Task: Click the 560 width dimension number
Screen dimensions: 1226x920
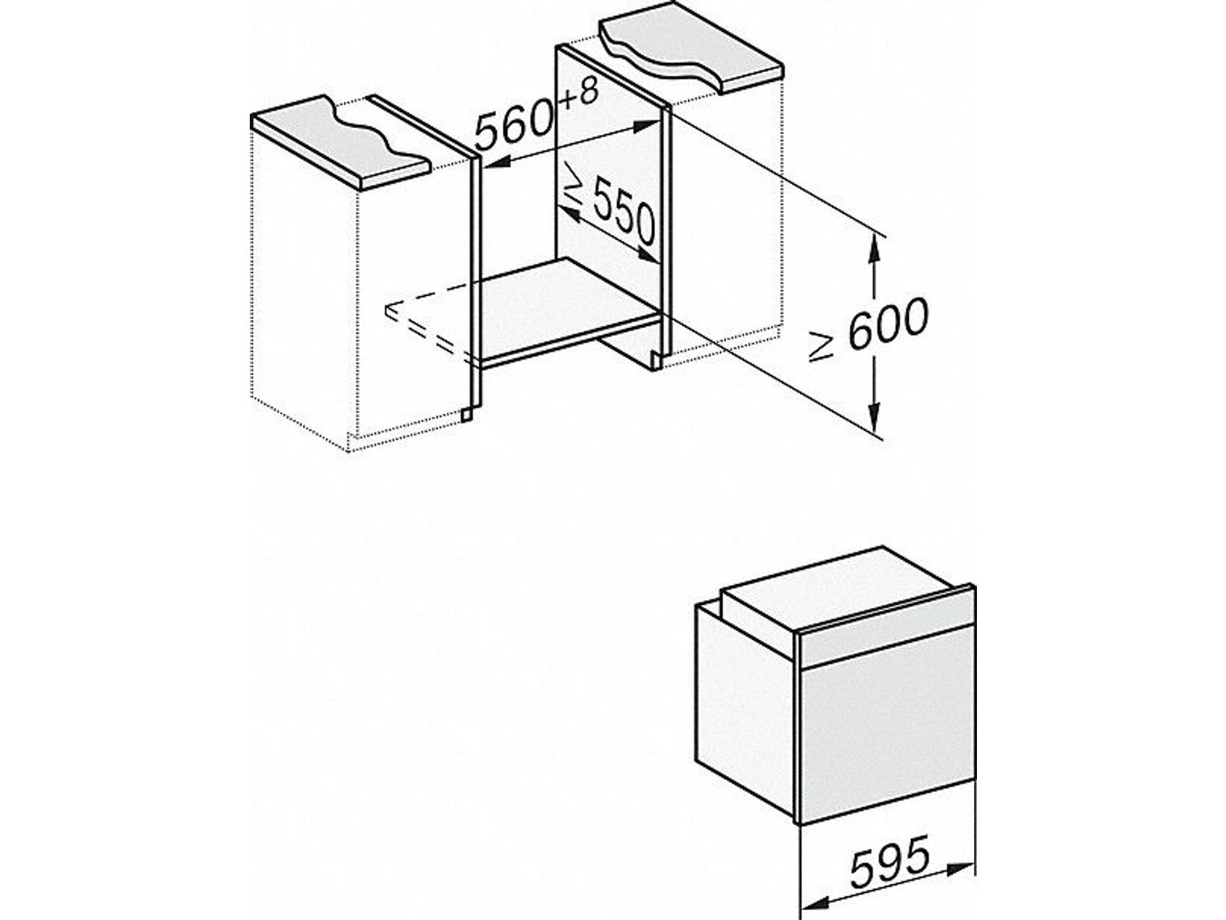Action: [515, 126]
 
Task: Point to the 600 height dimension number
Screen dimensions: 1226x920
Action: [888, 324]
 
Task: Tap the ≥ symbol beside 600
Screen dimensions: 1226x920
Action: [823, 347]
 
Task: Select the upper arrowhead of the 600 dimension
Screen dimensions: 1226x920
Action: [875, 255]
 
